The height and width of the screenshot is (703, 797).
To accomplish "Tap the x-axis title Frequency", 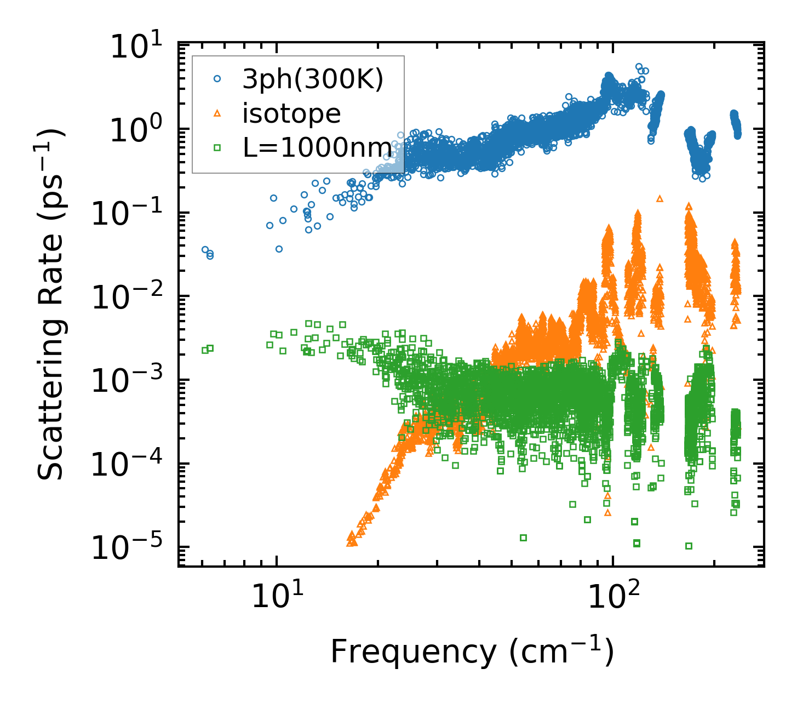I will (x=472, y=651).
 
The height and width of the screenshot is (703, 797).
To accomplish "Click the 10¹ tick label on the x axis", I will (x=277, y=599).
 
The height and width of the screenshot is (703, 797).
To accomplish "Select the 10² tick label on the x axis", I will (x=613, y=599).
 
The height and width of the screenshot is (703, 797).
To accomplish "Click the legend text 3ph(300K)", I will (x=313, y=80).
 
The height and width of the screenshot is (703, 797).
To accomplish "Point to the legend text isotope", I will (x=291, y=114).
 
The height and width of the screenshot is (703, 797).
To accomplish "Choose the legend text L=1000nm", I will (x=317, y=148).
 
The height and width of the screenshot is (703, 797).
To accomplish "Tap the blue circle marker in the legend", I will (x=217, y=79).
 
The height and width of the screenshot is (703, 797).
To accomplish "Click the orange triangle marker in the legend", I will (x=217, y=113).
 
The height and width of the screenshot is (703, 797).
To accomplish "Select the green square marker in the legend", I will (x=217, y=147).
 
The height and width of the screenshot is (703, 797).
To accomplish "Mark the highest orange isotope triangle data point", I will (x=660, y=198).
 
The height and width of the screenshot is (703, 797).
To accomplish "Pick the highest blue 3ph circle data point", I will (x=639, y=67).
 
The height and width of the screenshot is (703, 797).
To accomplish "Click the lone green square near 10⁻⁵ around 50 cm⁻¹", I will (x=523, y=538).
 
